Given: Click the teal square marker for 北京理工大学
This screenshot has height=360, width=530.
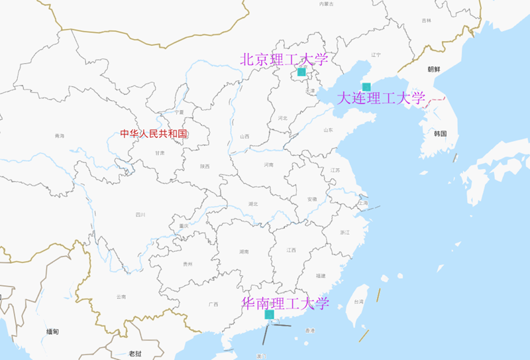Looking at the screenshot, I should [301, 72].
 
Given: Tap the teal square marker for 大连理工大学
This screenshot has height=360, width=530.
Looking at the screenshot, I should [366, 87].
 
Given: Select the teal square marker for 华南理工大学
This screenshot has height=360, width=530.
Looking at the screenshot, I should [270, 314].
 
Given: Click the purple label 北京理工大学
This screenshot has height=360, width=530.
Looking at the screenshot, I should [284, 59].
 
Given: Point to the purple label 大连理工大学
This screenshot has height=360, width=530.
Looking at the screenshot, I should [381, 99].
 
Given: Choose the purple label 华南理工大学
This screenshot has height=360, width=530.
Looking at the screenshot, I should [286, 304].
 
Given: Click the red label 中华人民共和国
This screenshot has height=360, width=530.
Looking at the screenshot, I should [154, 133].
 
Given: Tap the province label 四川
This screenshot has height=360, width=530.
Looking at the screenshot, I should [140, 214].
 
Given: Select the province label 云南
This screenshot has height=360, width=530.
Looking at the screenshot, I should [121, 296].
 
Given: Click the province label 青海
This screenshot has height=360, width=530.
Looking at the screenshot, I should [60, 136].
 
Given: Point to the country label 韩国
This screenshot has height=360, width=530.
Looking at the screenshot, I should [441, 133].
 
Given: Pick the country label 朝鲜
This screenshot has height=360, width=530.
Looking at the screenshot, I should [434, 69].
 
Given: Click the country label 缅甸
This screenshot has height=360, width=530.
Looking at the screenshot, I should [53, 331].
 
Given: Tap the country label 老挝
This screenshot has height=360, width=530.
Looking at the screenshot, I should [135, 353].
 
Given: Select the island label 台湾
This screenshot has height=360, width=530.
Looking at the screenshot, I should [358, 302].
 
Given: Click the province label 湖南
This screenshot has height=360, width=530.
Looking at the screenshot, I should [244, 252].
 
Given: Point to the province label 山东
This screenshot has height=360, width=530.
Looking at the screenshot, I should [328, 130].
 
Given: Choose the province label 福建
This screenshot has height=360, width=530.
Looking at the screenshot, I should [321, 275].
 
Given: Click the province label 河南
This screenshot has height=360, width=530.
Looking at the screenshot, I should [268, 164].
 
